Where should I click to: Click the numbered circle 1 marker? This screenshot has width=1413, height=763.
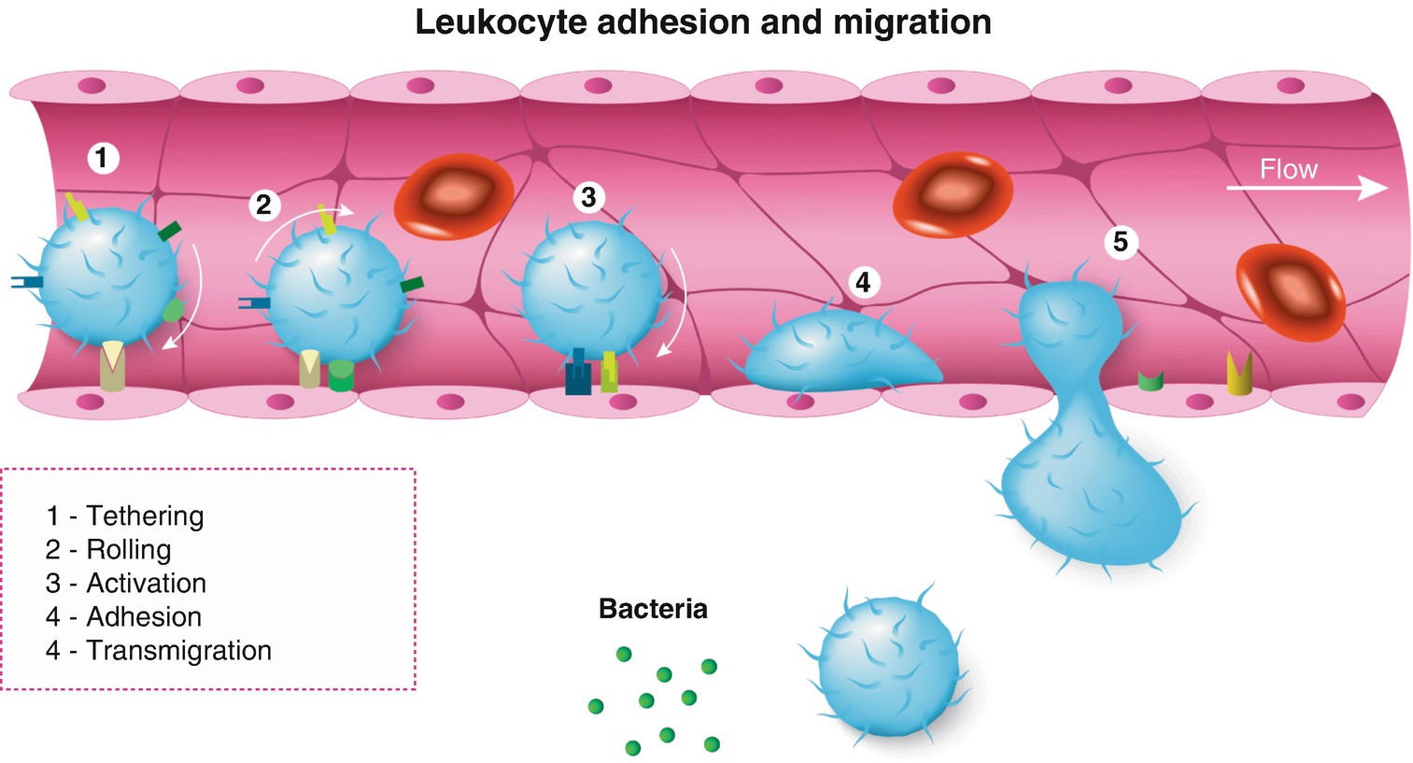(103, 157)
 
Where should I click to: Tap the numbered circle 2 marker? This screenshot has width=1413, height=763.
(264, 204)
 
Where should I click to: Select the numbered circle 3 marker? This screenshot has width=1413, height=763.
(588, 197)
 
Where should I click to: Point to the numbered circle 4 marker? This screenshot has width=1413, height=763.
(863, 281)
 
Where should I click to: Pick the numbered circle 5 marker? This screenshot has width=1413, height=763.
(1121, 242)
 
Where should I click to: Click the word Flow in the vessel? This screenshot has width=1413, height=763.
(1288, 169)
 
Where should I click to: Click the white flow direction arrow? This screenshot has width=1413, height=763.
(1307, 189)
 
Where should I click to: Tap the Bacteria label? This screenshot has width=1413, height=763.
(653, 609)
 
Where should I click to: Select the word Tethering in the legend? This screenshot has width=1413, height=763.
(145, 516)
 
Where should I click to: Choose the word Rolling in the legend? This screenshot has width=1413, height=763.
(129, 549)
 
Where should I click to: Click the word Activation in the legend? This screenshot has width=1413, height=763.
(147, 583)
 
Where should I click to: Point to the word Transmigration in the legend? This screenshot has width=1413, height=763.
(178, 650)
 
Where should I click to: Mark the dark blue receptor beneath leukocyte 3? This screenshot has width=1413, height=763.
(578, 373)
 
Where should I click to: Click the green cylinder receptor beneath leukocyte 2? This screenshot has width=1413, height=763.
(341, 375)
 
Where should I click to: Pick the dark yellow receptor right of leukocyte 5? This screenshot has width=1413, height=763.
(1239, 374)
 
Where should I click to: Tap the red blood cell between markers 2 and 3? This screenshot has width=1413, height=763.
(454, 195)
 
